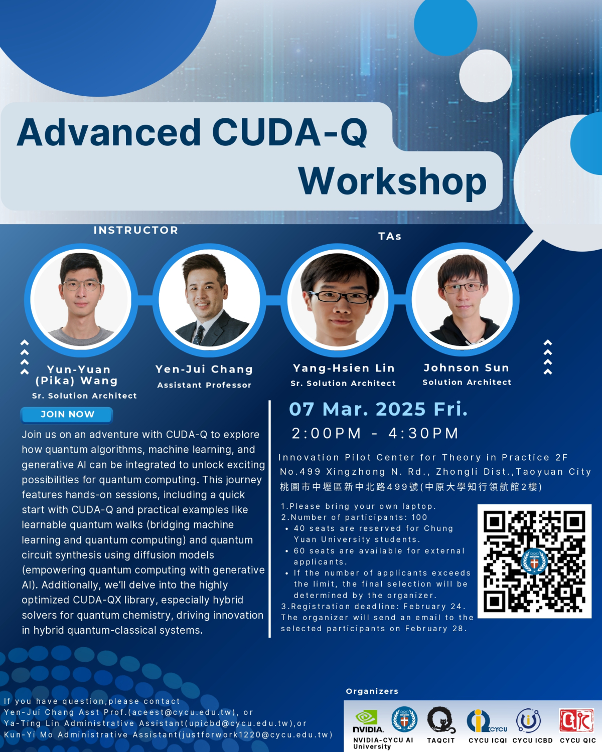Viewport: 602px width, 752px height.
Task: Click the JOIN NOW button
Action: (67, 415)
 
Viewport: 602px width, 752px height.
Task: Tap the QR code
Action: (534, 561)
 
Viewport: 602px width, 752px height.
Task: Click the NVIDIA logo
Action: (368, 721)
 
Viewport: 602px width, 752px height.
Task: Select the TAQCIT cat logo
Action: (441, 720)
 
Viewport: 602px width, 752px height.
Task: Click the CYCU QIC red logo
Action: (577, 721)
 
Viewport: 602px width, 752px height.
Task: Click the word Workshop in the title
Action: (392, 181)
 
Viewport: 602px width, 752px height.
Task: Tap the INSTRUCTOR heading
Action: (136, 230)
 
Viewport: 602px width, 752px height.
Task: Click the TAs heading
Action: (390, 236)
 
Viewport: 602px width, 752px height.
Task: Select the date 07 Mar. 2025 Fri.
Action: (378, 409)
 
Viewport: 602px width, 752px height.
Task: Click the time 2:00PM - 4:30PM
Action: (375, 433)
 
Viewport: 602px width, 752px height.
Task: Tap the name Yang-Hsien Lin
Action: (344, 368)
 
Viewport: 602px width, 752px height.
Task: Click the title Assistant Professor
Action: (204, 385)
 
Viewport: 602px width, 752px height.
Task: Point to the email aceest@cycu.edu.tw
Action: (182, 712)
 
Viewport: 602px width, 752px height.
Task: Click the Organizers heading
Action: (372, 691)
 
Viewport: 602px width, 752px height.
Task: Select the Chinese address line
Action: (411, 487)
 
